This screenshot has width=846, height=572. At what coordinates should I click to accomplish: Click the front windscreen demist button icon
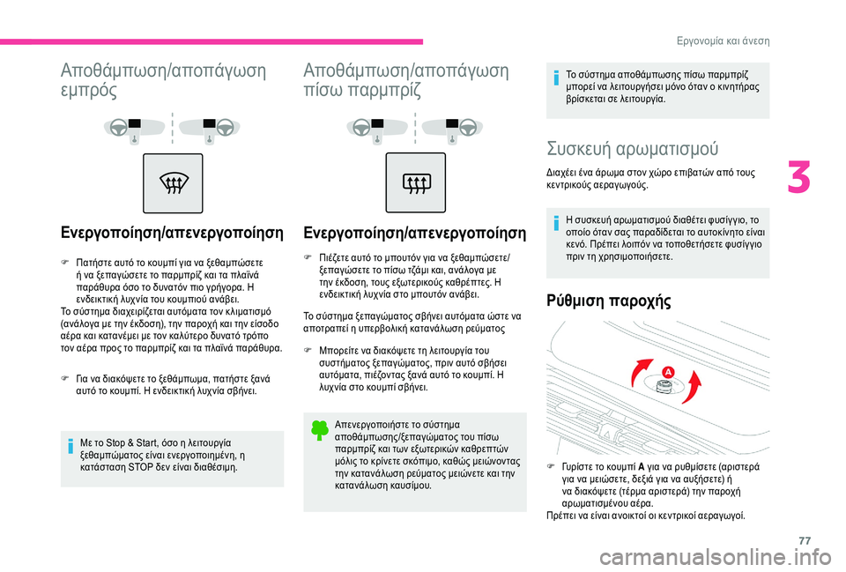pos(172,183)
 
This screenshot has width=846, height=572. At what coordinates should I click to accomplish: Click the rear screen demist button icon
pos(413,183)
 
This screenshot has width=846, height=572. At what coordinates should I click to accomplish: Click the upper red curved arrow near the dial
pos(648,360)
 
